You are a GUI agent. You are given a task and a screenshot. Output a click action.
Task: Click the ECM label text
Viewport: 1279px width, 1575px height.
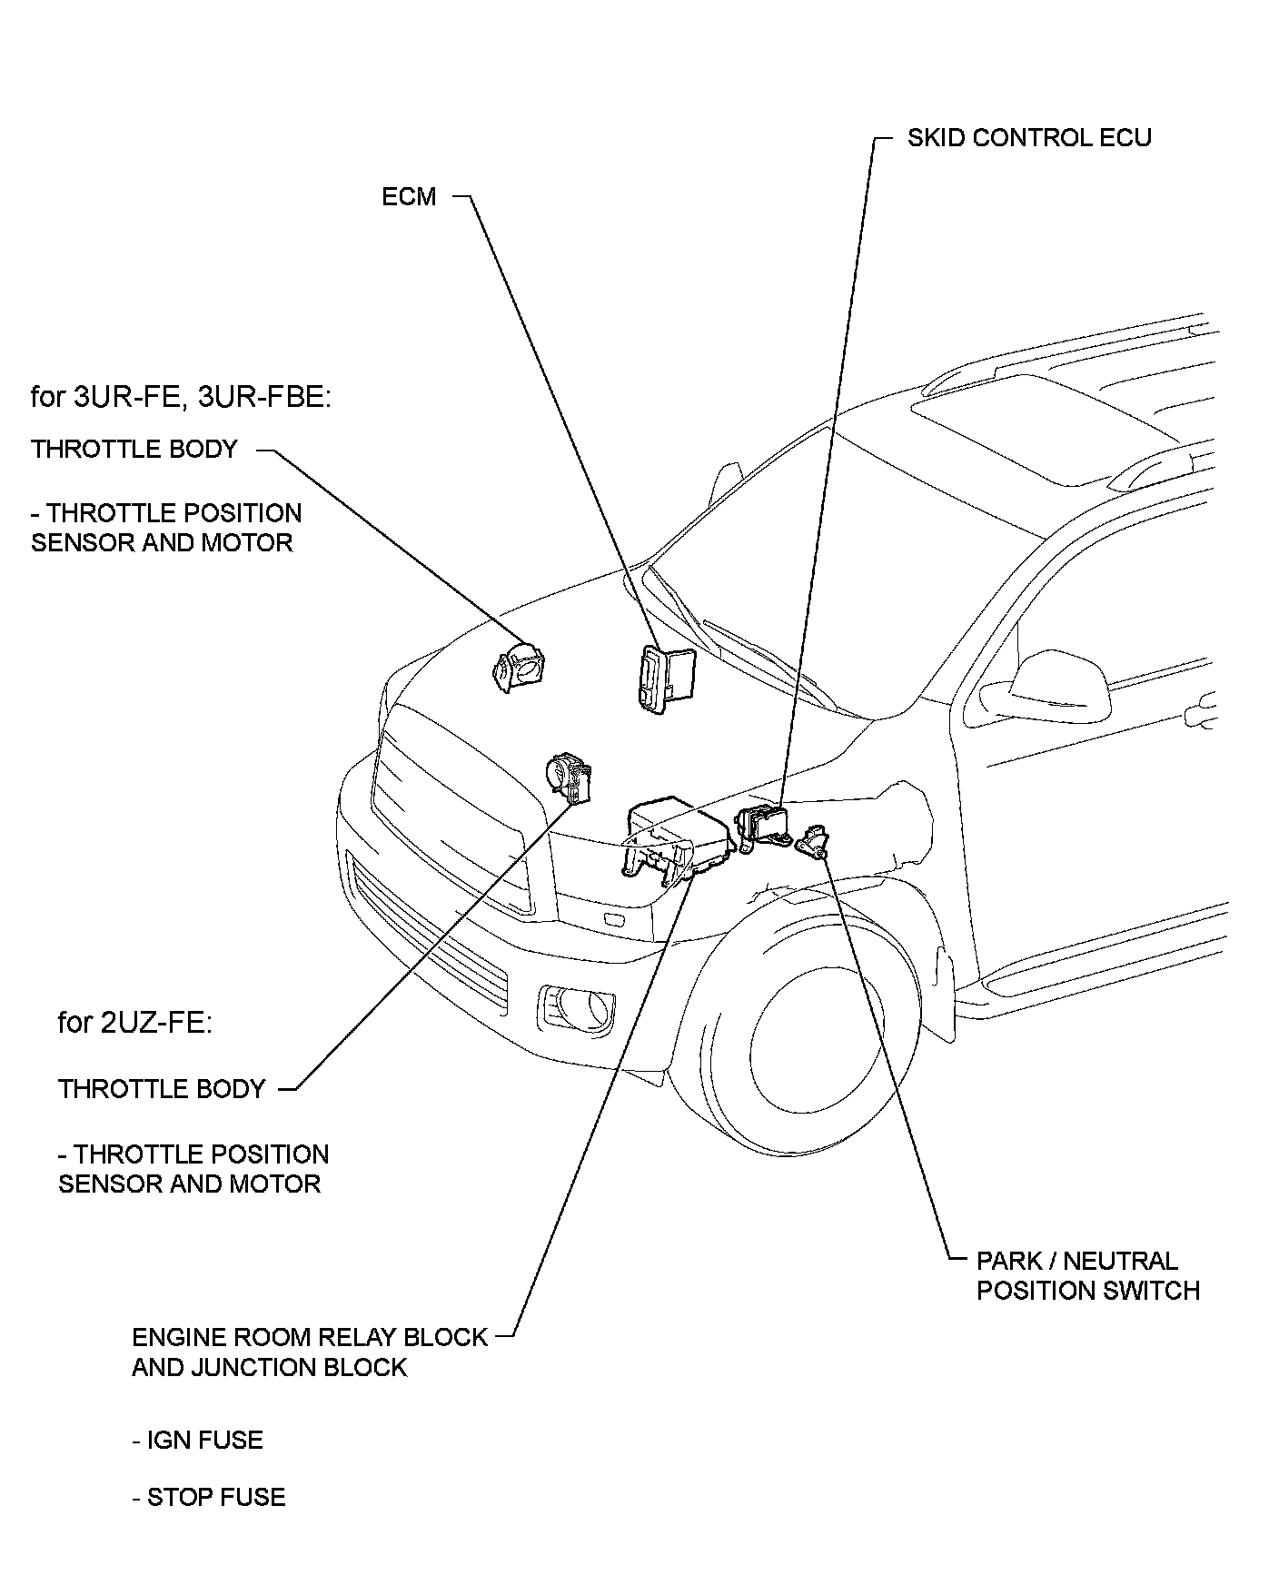tap(409, 196)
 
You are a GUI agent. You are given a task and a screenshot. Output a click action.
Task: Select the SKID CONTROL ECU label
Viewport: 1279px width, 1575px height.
tap(1029, 138)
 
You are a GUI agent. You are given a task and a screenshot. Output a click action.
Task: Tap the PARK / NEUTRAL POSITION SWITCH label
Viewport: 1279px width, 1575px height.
tap(1087, 1275)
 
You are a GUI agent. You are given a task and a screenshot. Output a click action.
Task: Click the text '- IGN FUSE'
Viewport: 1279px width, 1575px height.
tap(197, 1441)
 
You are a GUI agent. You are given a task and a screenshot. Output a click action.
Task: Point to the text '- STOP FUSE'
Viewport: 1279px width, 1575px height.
tap(208, 1497)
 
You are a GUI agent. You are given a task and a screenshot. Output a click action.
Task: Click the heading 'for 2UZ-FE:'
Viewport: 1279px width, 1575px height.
tap(135, 1023)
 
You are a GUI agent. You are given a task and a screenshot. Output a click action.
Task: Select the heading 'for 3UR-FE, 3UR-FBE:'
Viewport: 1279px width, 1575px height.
tap(179, 397)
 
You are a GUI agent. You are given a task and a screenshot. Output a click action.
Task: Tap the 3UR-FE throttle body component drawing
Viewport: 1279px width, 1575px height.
tap(520, 669)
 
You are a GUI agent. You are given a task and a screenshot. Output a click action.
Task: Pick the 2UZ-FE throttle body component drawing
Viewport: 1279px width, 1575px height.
tap(569, 778)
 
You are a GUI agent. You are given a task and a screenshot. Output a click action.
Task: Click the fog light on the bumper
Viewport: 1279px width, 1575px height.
tap(575, 1005)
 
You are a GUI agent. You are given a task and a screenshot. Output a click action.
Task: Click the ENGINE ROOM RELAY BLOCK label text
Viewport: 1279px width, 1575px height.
tap(309, 1337)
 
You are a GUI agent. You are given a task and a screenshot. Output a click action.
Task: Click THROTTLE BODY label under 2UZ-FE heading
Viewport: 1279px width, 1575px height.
tap(162, 1088)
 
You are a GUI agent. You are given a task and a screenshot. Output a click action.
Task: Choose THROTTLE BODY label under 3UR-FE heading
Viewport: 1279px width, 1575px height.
tap(134, 449)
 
